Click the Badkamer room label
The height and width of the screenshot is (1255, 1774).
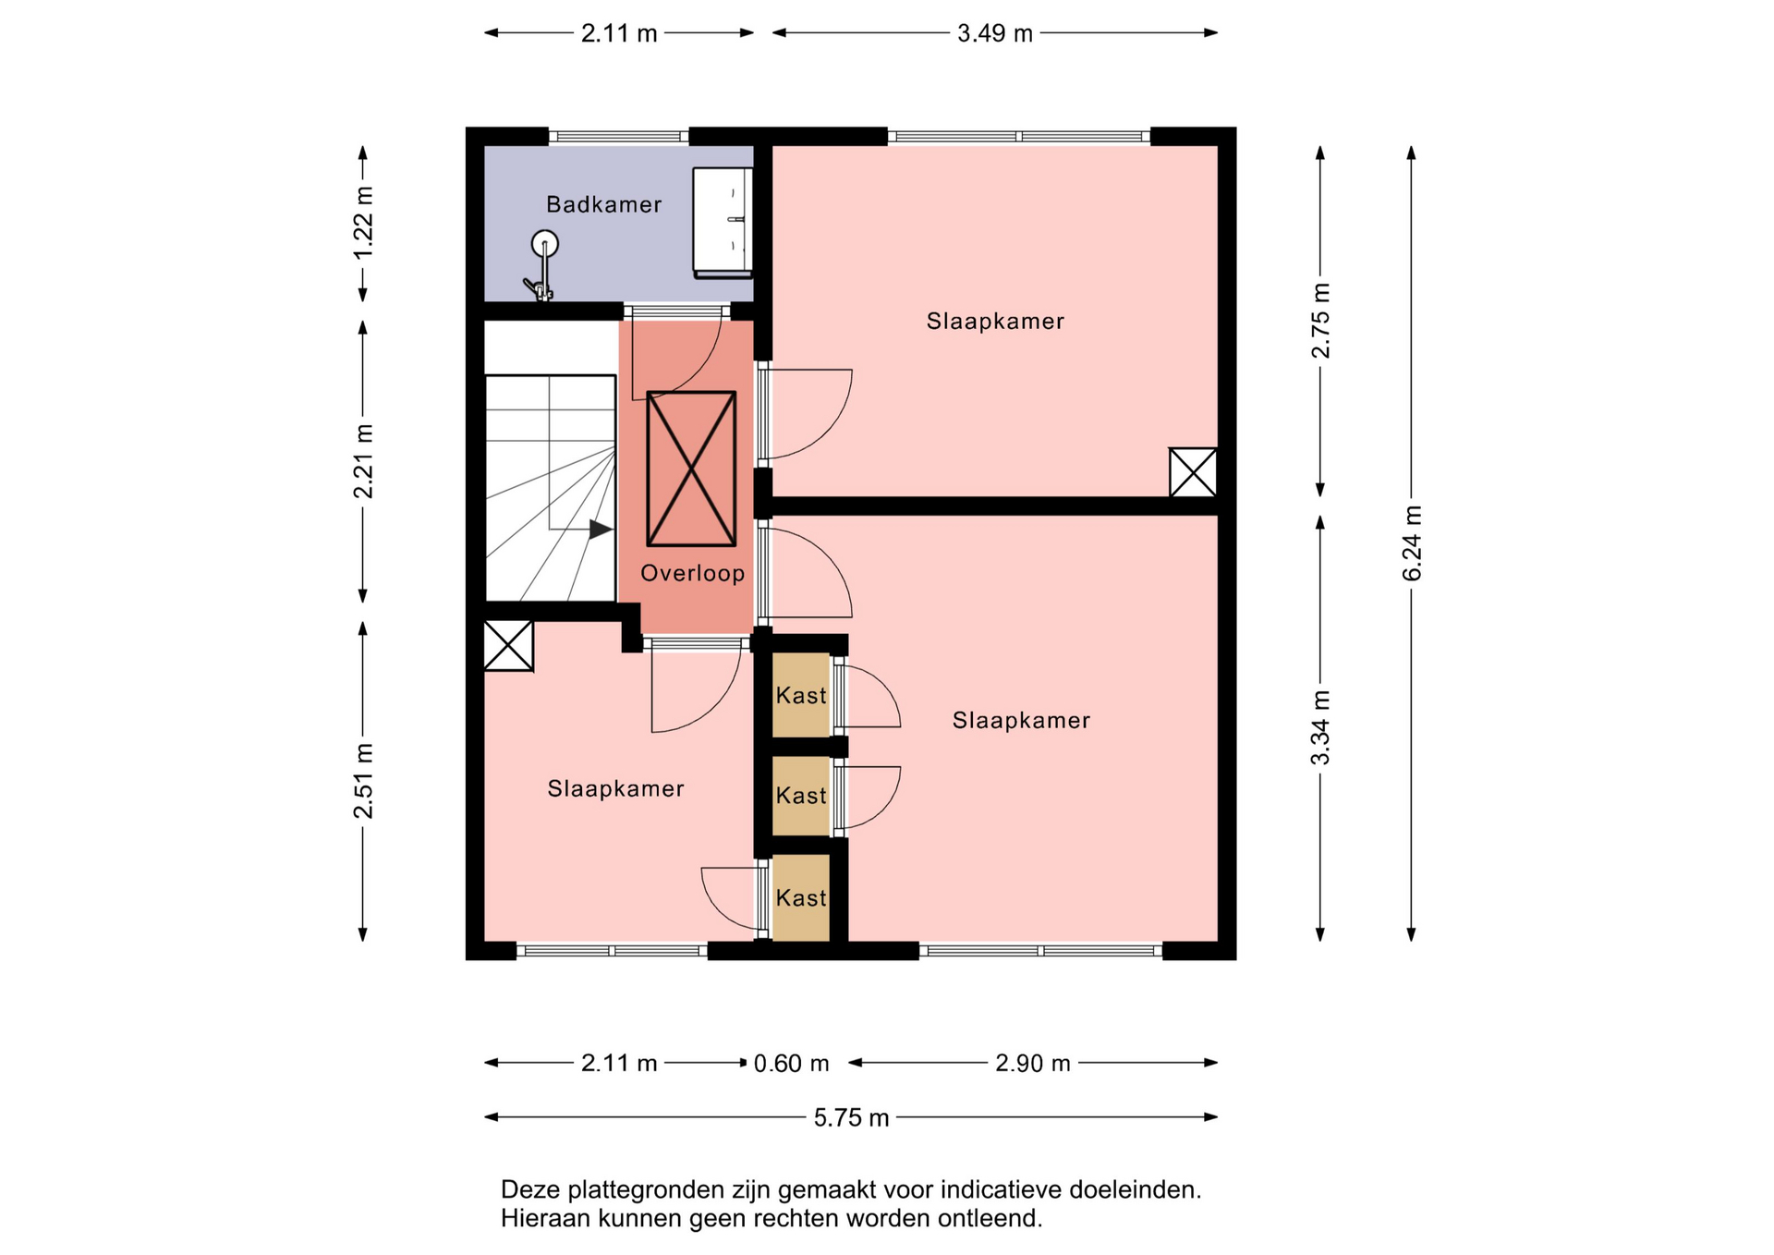pyautogui.click(x=603, y=204)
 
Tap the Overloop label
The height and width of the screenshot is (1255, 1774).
pyautogui.click(x=692, y=573)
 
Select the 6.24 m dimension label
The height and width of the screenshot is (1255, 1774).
pyautogui.click(x=1412, y=543)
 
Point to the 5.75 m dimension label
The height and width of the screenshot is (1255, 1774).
pyautogui.click(x=851, y=1117)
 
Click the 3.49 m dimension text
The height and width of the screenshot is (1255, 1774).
pyautogui.click(x=994, y=33)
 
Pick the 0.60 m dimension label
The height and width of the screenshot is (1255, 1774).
pyautogui.click(x=791, y=1063)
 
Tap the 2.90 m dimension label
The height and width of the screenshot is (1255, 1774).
pyautogui.click(x=1032, y=1063)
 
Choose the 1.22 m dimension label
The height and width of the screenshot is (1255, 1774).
pyautogui.click(x=363, y=224)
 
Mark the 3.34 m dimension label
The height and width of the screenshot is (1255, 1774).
pyautogui.click(x=1320, y=727)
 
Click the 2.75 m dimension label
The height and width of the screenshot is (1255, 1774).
pyautogui.click(x=1320, y=321)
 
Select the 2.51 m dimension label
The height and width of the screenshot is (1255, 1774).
pyautogui.click(x=363, y=781)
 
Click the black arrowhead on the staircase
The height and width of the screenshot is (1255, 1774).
pyautogui.click(x=601, y=530)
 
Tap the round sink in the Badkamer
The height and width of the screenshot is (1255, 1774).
pyautogui.click(x=545, y=244)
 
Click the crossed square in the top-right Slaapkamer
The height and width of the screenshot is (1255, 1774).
pyautogui.click(x=1193, y=472)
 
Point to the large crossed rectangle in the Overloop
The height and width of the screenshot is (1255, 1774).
pyautogui.click(x=691, y=469)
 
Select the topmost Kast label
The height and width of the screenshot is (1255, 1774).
pyautogui.click(x=801, y=695)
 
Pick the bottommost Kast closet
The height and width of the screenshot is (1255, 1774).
pyautogui.click(x=801, y=898)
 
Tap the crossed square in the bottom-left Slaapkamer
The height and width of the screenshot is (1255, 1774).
pyautogui.click(x=508, y=645)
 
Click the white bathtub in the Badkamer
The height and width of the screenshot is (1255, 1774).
pyautogui.click(x=723, y=222)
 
